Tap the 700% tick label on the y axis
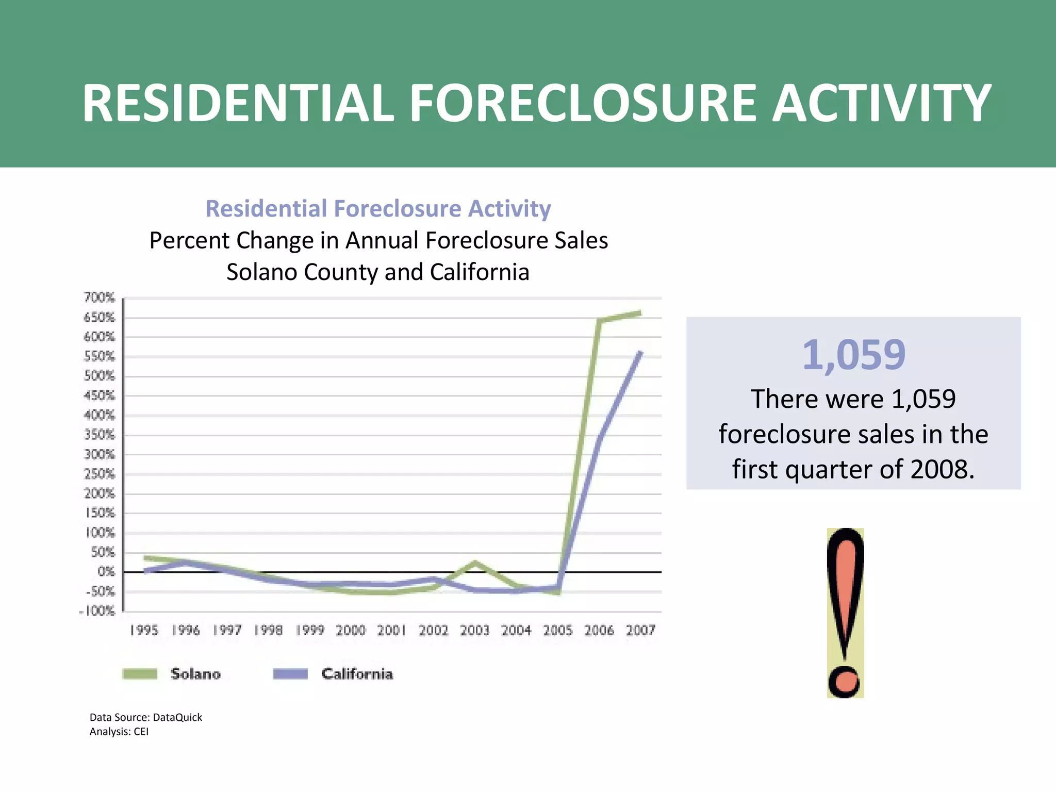[x=99, y=298]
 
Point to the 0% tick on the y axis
[x=106, y=572]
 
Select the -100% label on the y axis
[x=97, y=611]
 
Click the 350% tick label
[x=99, y=435]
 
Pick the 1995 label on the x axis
[x=144, y=630]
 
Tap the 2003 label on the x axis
[x=474, y=630]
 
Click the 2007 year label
[x=640, y=630]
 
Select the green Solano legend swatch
[x=140, y=674]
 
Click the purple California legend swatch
[x=290, y=674]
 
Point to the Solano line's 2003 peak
[x=475, y=563]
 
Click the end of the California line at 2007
[x=640, y=353]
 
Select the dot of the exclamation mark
[x=844, y=681]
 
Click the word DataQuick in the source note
[x=177, y=717]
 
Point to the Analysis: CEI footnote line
[x=119, y=732]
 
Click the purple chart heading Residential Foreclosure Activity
[x=378, y=209]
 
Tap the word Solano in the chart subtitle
[x=262, y=272]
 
